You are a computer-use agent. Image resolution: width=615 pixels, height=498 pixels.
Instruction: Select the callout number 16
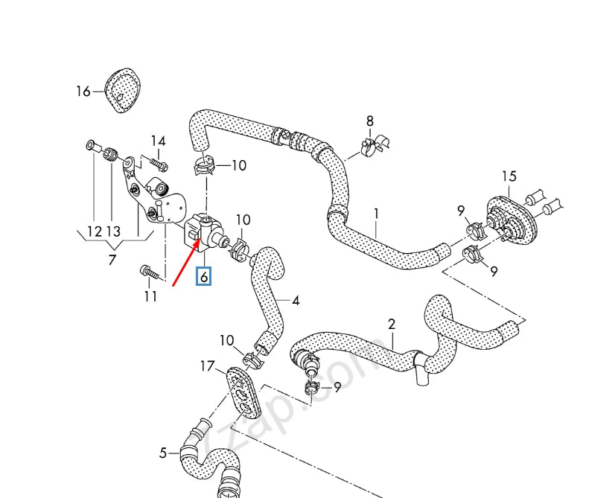coord(83,92)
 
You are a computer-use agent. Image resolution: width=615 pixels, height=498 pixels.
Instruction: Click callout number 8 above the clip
coord(370,121)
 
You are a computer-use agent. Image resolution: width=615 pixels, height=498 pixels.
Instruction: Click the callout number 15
coord(509,176)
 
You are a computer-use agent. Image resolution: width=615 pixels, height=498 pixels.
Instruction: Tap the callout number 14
coord(159,141)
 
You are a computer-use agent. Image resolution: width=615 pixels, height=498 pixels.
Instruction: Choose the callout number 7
coord(112,260)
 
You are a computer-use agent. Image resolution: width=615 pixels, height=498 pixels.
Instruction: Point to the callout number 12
coord(93,232)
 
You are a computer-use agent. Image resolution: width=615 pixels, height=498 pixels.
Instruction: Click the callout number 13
coord(113,232)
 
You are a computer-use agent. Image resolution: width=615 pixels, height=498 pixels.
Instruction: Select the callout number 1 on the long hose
coord(376,214)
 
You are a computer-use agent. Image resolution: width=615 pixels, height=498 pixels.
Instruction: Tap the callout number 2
coord(392,324)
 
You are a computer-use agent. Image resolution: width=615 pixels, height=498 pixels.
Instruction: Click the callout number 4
coord(296,301)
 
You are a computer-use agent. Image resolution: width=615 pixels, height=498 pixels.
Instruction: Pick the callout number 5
coord(163,452)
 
